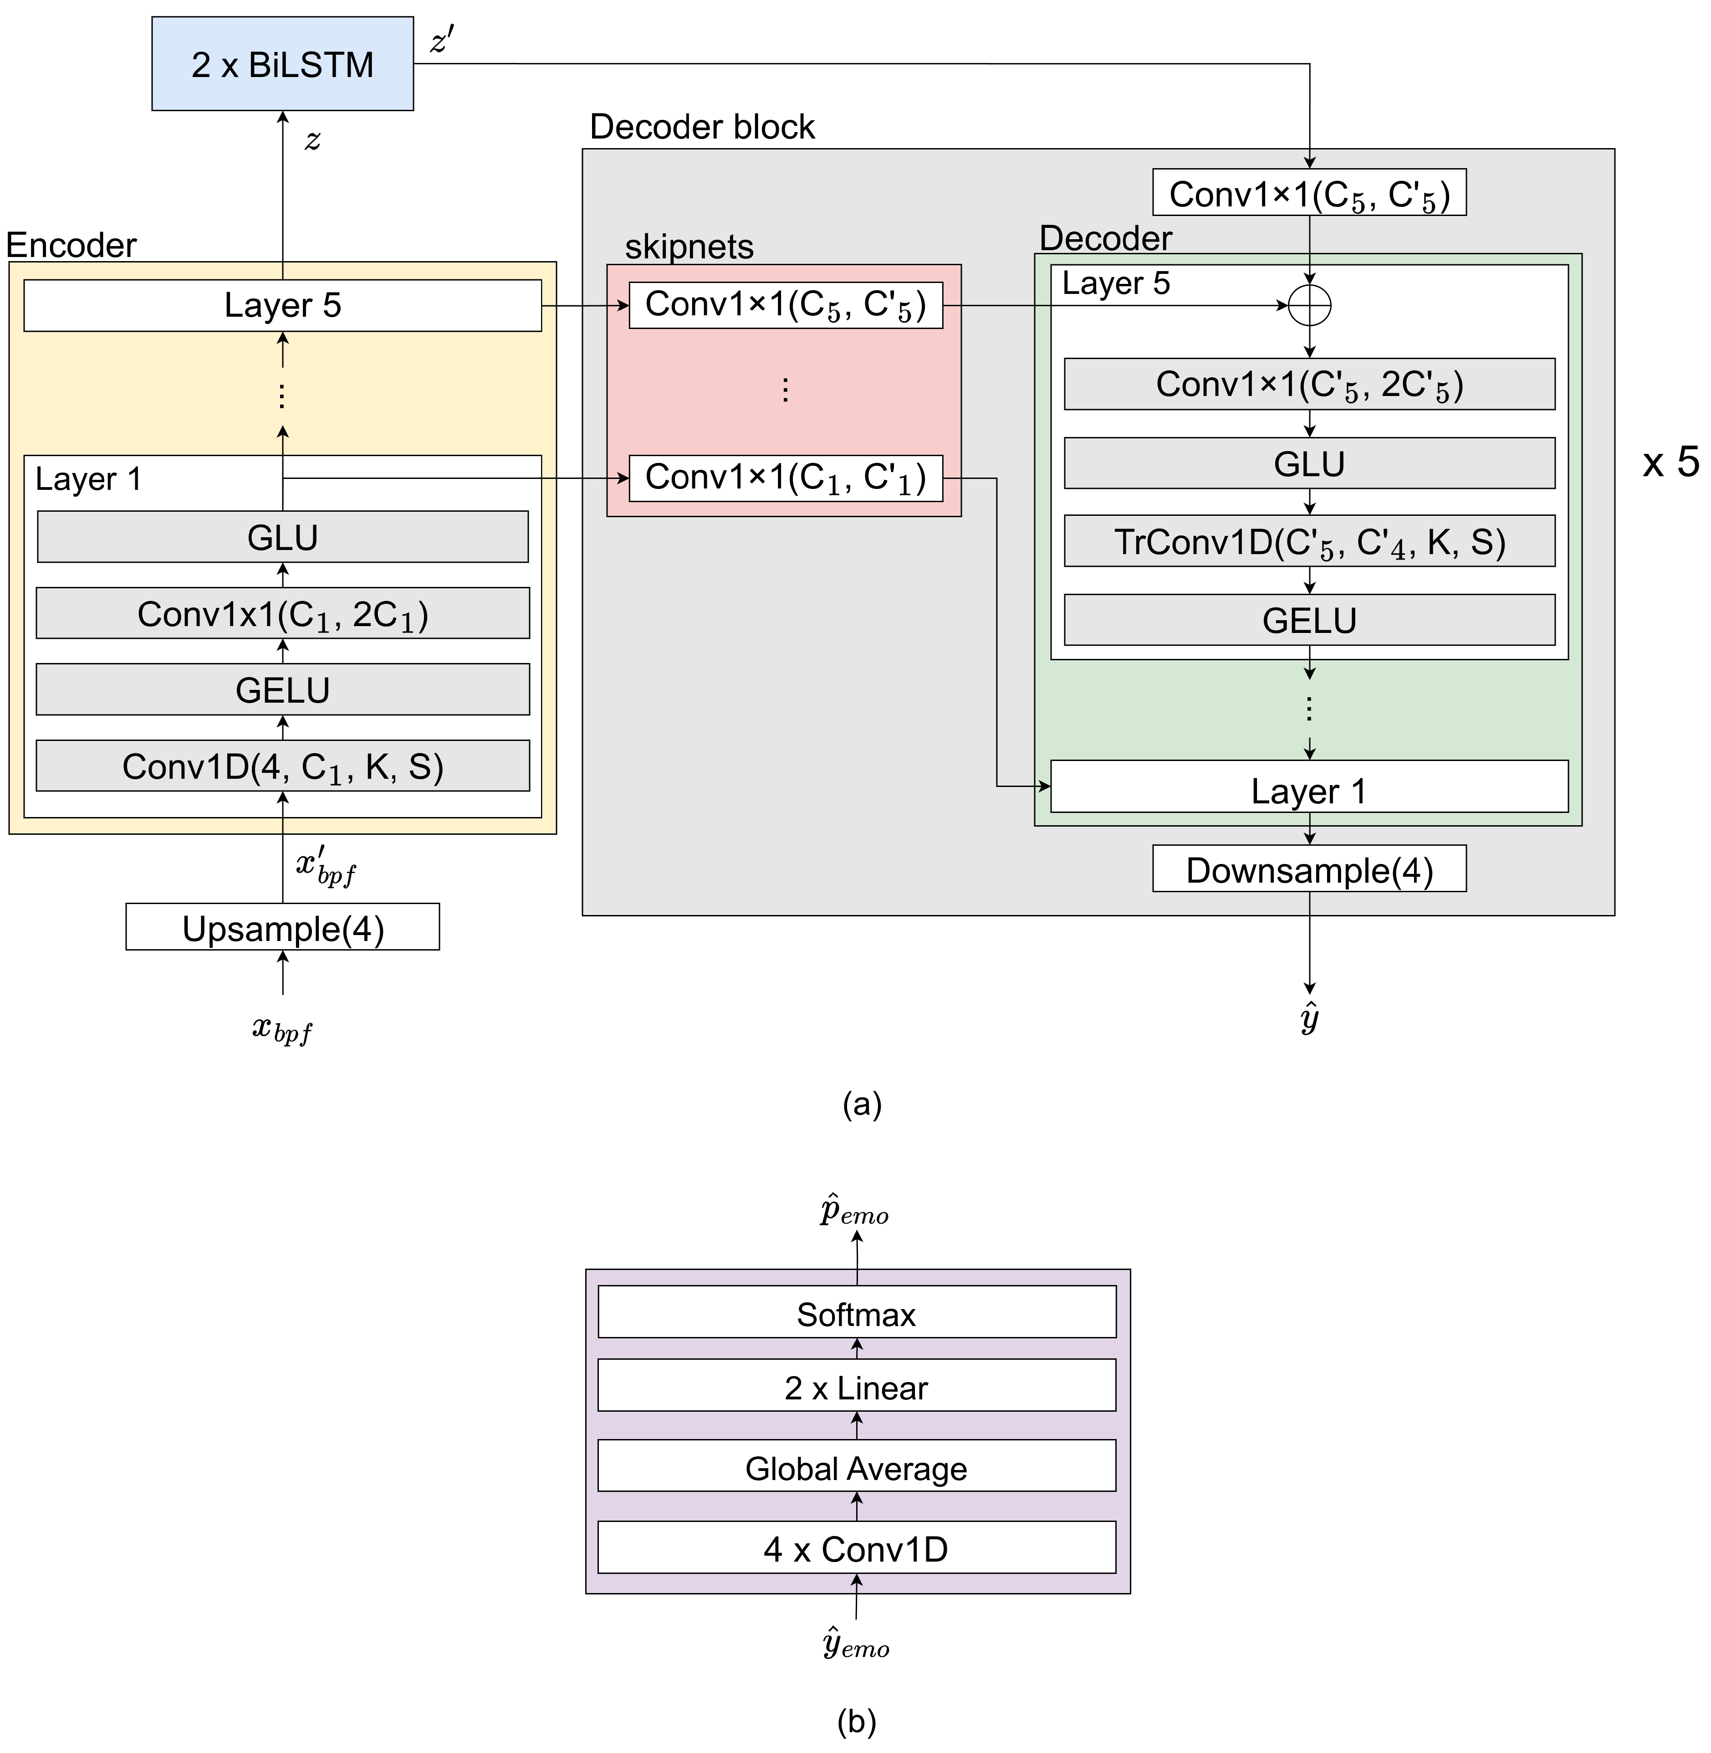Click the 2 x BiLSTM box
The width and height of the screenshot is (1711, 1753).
[282, 64]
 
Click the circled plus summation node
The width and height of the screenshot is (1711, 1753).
[1309, 306]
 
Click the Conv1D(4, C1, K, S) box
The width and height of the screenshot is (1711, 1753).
[282, 766]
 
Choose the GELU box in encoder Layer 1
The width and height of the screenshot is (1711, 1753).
[282, 689]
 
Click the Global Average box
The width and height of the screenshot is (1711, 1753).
[856, 1468]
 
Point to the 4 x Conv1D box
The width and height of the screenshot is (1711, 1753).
[856, 1549]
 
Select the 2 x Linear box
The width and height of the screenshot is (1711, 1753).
[856, 1387]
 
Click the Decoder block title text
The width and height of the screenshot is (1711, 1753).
[702, 127]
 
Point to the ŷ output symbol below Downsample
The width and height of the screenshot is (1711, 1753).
[1309, 1018]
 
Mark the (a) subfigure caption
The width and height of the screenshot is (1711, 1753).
[862, 1103]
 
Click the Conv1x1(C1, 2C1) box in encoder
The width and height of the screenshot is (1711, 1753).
[282, 614]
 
